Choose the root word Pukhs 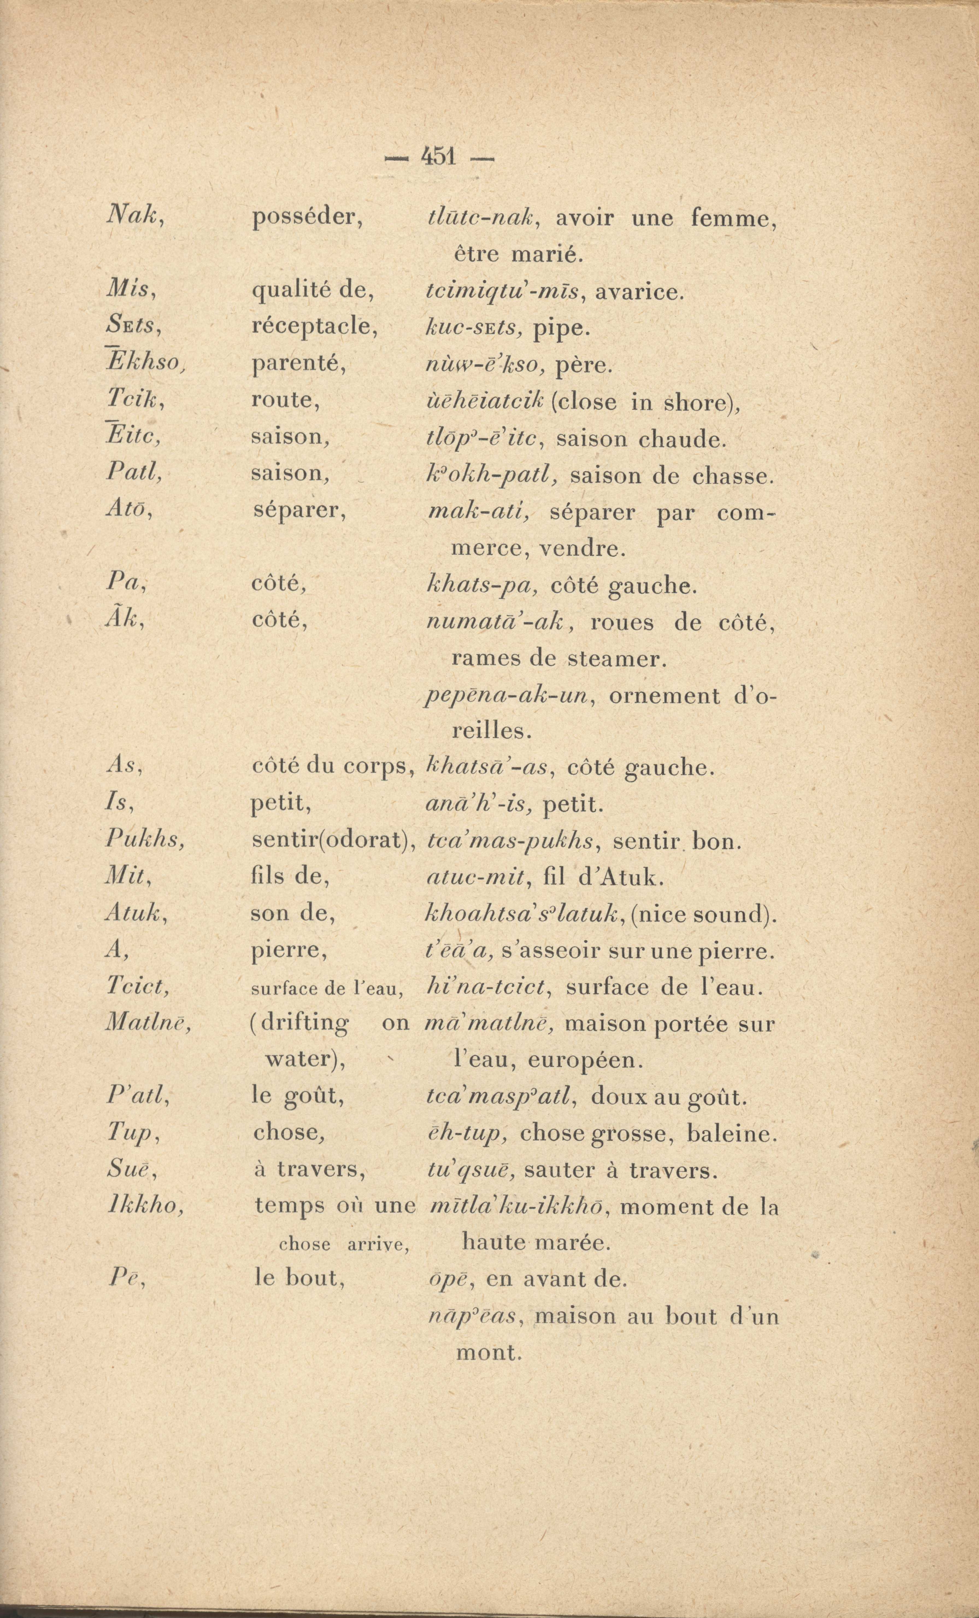pyautogui.click(x=144, y=840)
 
